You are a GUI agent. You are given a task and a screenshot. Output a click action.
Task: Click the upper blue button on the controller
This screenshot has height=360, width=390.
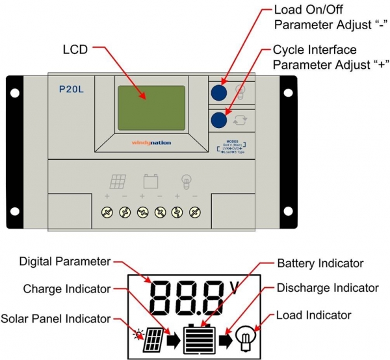[x=220, y=92]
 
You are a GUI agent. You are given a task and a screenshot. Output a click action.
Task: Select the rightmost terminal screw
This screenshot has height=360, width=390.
[x=194, y=213]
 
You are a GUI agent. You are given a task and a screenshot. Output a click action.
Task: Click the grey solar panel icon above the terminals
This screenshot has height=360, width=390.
[x=116, y=180]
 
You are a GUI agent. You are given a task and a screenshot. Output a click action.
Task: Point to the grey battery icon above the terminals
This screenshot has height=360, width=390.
[x=151, y=180]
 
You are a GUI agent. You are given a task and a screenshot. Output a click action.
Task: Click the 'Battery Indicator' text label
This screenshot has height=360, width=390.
[x=320, y=264]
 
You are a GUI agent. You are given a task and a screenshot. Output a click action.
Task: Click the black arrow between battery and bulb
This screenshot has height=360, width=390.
[x=226, y=339]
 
